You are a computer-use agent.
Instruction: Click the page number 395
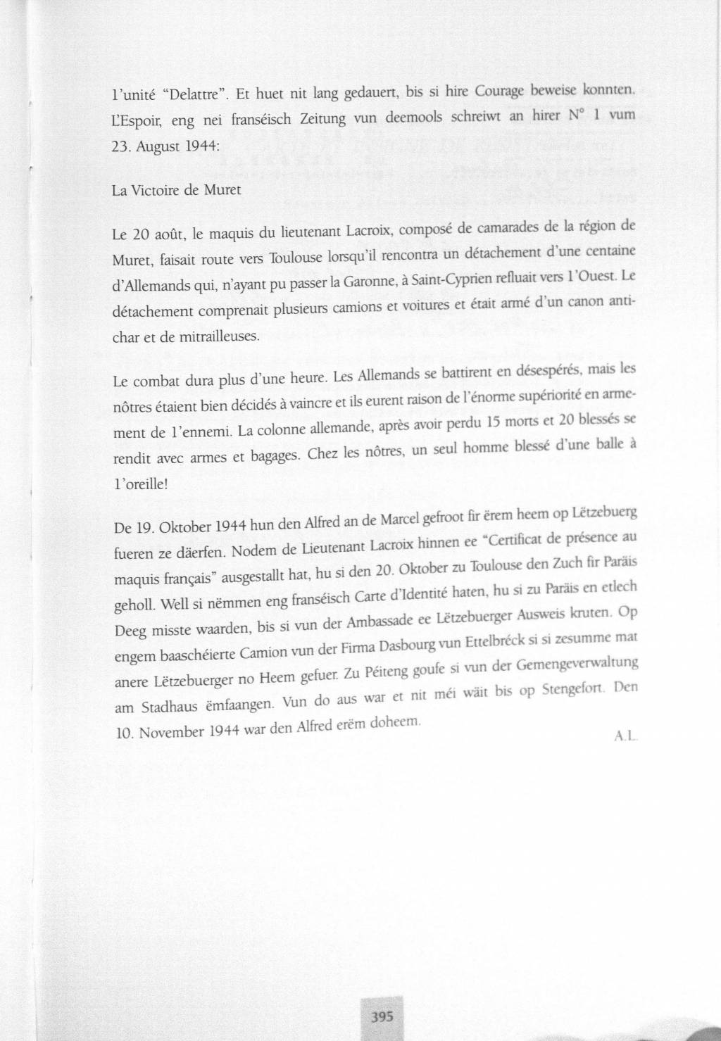pos(381,1016)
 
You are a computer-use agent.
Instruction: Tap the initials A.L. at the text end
pos(625,736)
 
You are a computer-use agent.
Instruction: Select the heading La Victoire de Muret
pos(177,191)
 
